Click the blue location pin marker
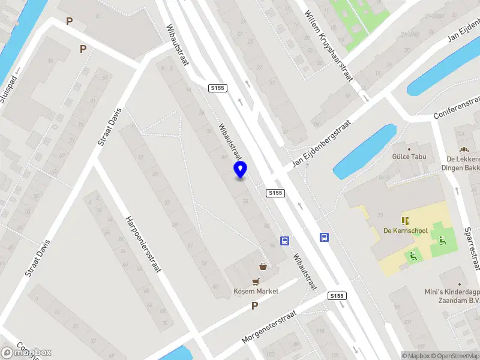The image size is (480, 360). [241, 170]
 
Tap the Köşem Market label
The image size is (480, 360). [256, 291]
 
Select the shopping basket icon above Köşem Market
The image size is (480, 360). [263, 266]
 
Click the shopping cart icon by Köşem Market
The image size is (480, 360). [256, 281]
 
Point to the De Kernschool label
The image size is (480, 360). [405, 230]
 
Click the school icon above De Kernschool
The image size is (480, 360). [405, 220]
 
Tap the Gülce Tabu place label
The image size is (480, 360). [409, 158]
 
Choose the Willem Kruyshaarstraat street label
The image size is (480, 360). [328, 44]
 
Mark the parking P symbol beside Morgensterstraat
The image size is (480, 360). [254, 306]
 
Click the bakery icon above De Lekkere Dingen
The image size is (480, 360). [463, 150]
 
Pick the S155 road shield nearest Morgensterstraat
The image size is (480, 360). [337, 296]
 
